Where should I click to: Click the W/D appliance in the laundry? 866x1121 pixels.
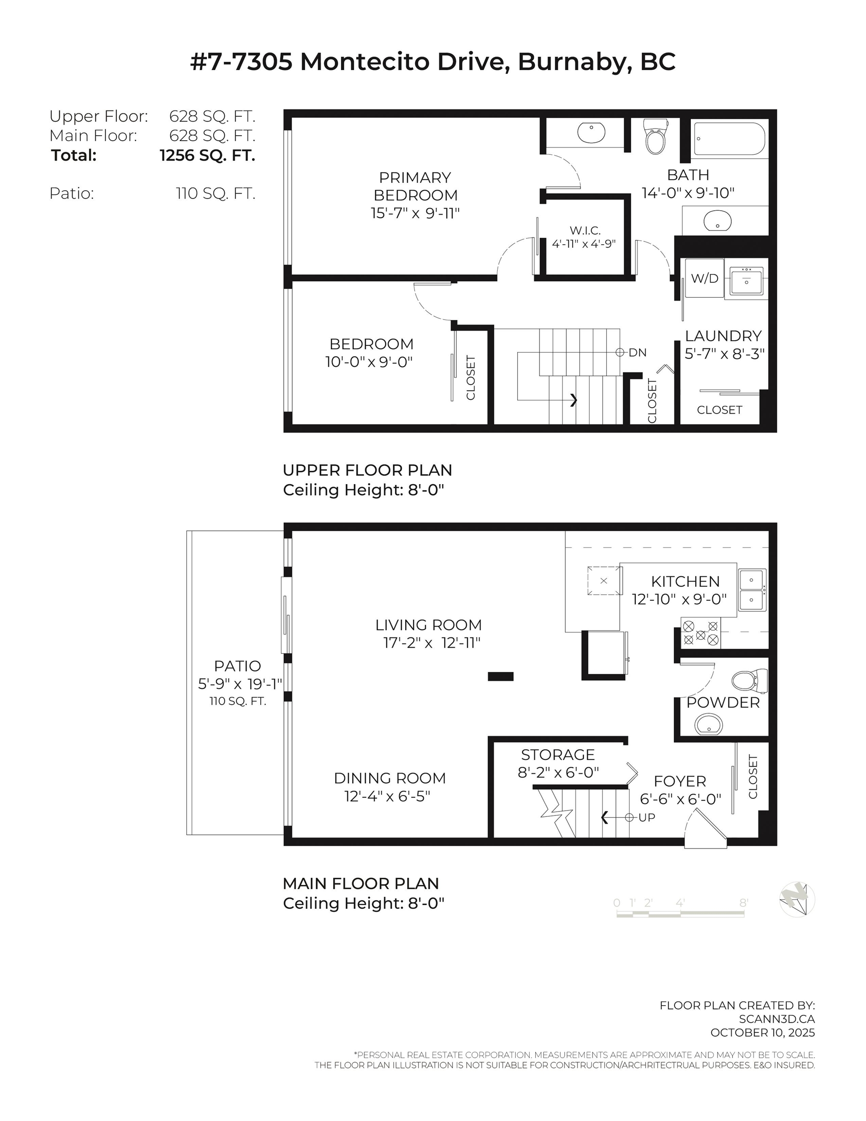coord(704,278)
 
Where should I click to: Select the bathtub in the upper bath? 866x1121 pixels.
coord(729,139)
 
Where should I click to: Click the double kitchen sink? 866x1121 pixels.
coord(752,589)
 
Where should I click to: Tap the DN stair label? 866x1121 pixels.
coord(637,353)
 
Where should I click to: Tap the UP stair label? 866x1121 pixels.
coord(646,817)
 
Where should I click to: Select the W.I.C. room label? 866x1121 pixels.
coord(585,231)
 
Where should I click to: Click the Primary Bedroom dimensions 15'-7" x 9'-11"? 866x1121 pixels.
coord(415,213)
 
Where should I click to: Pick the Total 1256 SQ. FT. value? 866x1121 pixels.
coord(207,155)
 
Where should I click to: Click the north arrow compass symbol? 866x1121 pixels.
coord(797,899)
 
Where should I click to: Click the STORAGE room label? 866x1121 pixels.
coord(558,755)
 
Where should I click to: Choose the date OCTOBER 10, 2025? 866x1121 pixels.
coord(762,1032)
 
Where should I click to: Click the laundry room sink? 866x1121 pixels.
coord(746,279)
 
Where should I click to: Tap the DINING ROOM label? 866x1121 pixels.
coord(390,778)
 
